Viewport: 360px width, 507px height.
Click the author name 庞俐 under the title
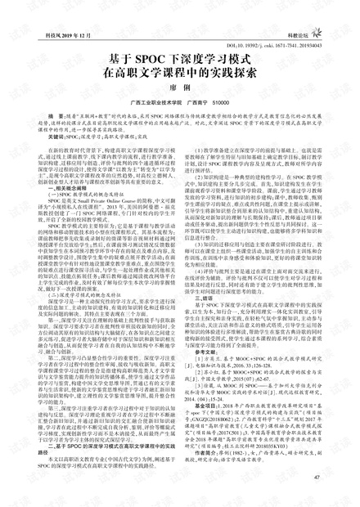pos(181,96)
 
